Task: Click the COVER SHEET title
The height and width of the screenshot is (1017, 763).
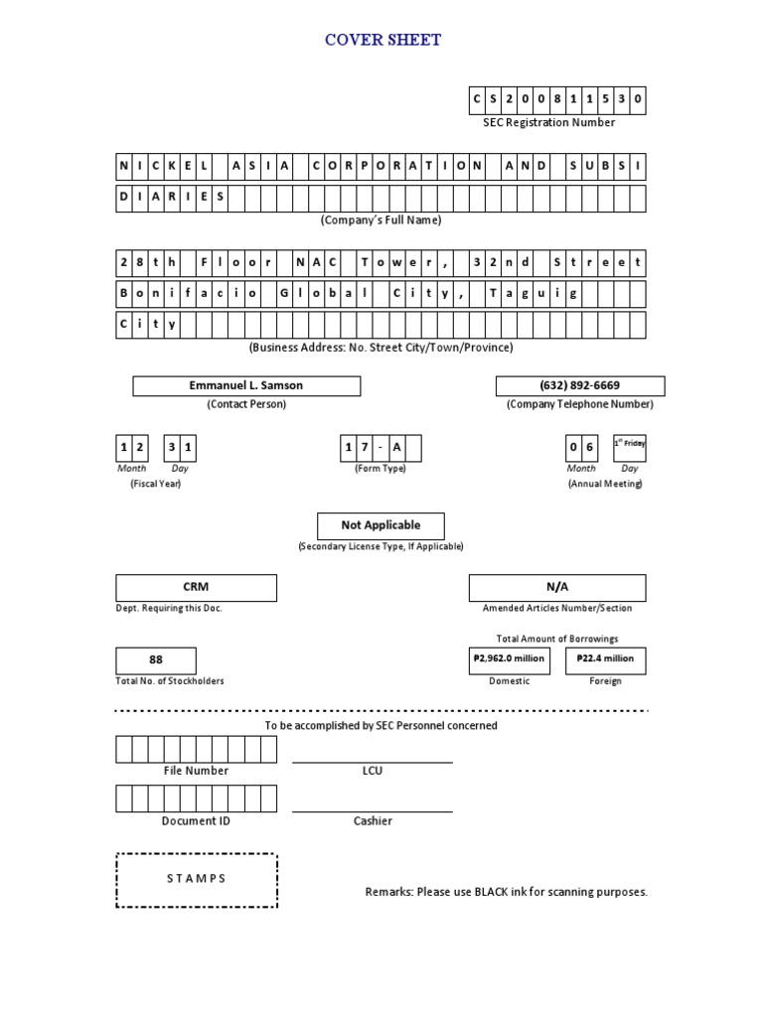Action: coord(382,40)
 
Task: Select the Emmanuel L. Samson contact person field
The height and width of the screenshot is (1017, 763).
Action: coord(246,385)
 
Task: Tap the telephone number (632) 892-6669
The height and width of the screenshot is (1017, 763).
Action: coord(580,385)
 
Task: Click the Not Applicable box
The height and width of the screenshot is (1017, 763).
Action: coord(381,525)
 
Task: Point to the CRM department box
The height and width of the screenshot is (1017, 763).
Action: coord(196,587)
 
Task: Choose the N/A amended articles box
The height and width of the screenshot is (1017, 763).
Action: coord(556,587)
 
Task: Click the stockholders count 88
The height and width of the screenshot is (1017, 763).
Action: coord(156,659)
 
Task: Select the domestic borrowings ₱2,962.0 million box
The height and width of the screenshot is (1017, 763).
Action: coord(509,659)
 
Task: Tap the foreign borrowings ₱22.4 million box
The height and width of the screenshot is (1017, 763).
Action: coord(605,659)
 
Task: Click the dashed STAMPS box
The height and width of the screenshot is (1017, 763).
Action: coord(196,879)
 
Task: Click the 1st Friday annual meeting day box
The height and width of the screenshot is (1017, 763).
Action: coord(629,449)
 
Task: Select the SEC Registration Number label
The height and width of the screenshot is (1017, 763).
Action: coord(548,122)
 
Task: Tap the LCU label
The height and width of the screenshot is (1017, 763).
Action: coord(373,771)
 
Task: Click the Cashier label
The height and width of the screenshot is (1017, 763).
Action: coord(373,821)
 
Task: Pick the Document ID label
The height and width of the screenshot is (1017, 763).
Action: coord(196,821)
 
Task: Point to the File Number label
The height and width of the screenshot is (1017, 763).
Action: coord(196,771)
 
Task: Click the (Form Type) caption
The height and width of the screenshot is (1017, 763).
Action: coord(381,468)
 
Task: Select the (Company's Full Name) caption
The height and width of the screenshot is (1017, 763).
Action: coord(381,219)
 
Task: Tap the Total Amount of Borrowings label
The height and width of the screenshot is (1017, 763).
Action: coord(556,639)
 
